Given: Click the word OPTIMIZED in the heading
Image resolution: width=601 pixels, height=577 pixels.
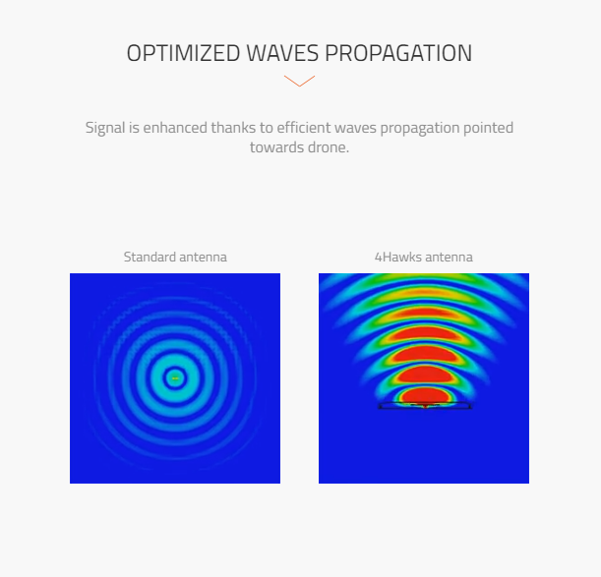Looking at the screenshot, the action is (184, 53).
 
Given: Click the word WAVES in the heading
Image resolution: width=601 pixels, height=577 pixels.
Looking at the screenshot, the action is (282, 53).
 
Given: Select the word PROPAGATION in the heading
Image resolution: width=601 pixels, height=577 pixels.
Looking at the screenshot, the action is (398, 53).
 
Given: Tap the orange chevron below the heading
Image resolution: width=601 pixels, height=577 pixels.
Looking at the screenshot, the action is (299, 81).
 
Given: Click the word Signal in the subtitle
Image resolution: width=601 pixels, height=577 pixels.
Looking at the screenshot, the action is (105, 128).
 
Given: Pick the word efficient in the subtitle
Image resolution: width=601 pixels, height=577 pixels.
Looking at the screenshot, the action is (304, 128).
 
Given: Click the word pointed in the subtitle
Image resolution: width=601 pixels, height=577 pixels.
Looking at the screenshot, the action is (488, 128).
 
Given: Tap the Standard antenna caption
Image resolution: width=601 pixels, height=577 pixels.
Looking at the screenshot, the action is (175, 257).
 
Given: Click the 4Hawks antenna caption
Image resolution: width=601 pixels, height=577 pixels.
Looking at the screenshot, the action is (424, 257).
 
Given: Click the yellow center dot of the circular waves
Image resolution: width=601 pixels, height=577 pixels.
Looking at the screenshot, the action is (175, 378).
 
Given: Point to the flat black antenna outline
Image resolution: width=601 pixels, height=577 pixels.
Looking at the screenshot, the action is (425, 405).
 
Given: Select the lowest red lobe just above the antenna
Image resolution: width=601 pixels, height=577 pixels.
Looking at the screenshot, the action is (424, 395).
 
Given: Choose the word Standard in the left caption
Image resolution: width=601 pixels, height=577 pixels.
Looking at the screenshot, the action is (150, 257).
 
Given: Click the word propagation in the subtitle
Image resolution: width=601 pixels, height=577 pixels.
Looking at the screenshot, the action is (420, 129).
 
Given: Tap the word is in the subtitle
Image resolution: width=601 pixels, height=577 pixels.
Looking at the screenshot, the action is (134, 128).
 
